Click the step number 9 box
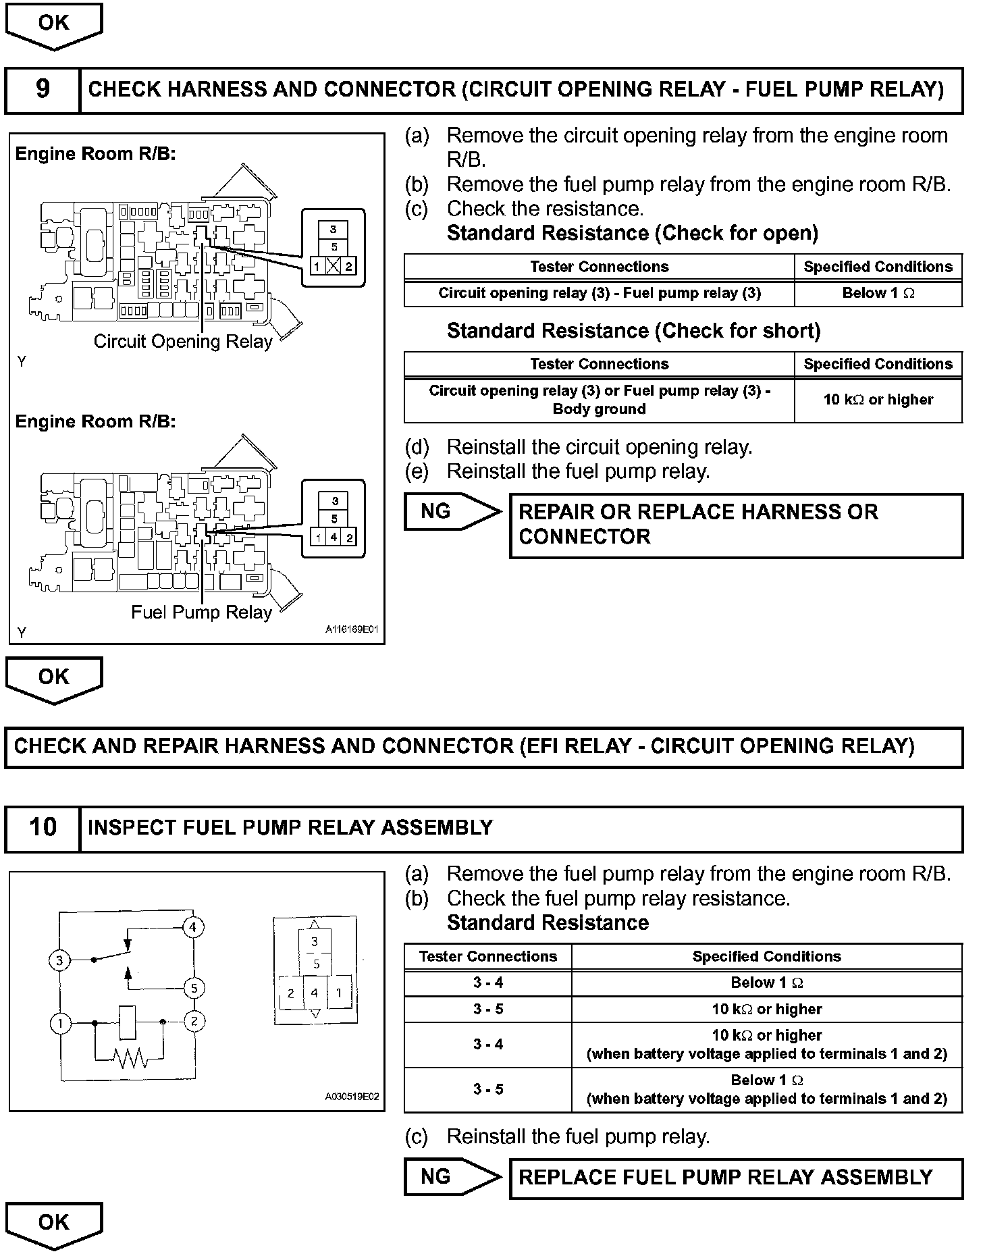point(42,89)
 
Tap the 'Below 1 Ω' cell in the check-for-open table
point(878,293)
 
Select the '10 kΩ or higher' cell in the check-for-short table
point(878,400)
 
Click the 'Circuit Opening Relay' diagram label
point(182,342)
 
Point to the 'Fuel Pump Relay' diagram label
point(201,612)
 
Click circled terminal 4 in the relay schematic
point(192,927)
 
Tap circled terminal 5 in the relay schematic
point(194,989)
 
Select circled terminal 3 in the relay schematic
point(60,960)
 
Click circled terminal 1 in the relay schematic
point(60,1024)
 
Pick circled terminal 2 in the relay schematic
point(194,1021)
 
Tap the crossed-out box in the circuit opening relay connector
point(333,266)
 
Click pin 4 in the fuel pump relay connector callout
point(334,538)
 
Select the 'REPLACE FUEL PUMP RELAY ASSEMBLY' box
point(736,1178)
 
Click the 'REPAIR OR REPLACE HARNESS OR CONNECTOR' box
point(736,525)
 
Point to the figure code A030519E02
point(352,1097)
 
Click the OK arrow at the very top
point(53,26)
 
